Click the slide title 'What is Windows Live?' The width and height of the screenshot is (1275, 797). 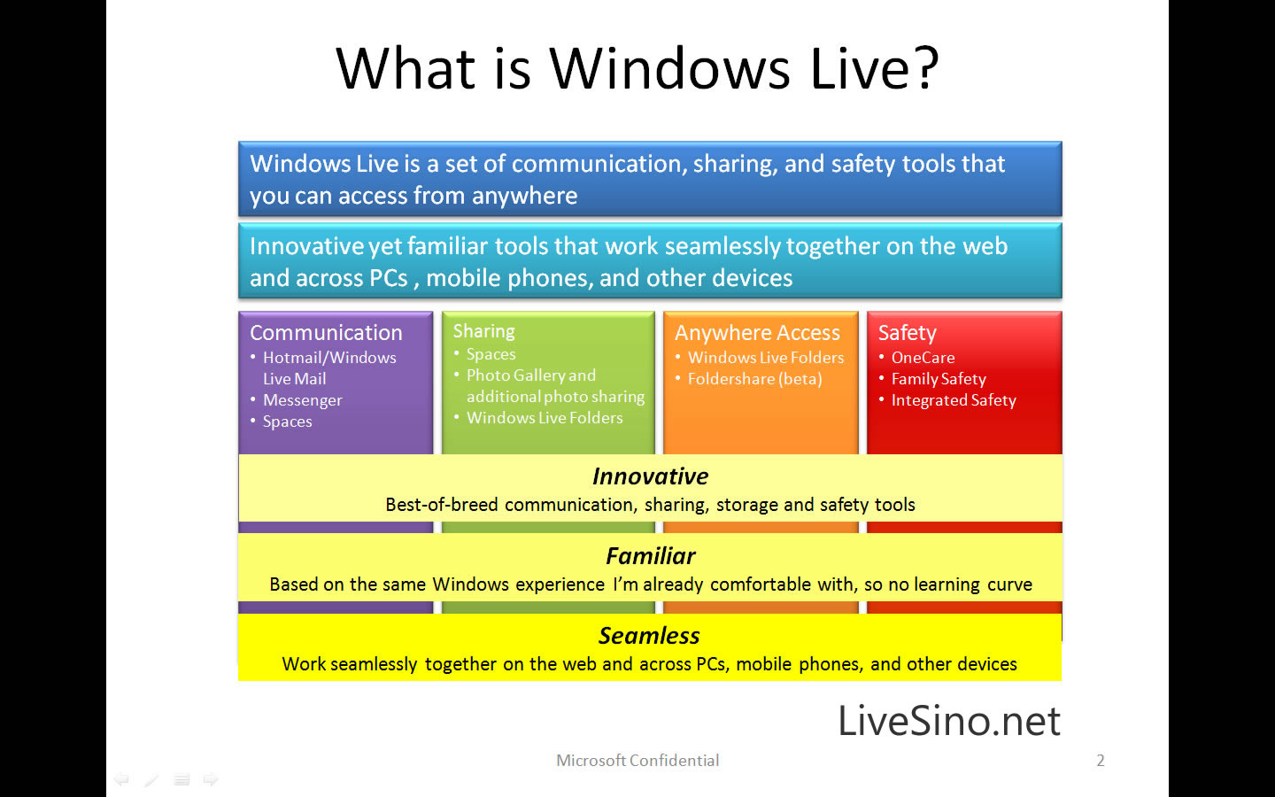[637, 68]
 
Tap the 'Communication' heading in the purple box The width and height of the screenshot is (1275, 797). [326, 332]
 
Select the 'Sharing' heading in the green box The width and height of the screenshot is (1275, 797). [483, 331]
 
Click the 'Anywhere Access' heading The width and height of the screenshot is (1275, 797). [757, 332]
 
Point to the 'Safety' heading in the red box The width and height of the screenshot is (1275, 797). [908, 332]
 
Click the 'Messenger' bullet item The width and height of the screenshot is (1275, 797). [302, 400]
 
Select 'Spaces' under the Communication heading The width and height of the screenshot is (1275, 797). [287, 422]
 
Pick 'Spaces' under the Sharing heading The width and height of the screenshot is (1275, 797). [491, 354]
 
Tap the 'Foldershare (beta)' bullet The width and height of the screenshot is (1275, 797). [754, 379]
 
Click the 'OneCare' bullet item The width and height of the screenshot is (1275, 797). [923, 358]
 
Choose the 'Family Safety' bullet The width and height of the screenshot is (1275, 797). [939, 379]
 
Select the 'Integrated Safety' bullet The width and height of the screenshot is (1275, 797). [954, 401]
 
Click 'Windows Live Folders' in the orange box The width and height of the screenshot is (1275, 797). [766, 358]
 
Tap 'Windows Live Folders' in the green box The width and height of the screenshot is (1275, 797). [545, 418]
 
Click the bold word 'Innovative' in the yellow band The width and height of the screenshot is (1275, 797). [650, 476]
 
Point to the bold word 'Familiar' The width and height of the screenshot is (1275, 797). [650, 556]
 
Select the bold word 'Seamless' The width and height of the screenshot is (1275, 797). [649, 636]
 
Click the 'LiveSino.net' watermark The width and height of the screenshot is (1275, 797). [949, 721]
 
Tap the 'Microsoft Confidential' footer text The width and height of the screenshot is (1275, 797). [637, 761]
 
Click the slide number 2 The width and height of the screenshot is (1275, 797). [1101, 761]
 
